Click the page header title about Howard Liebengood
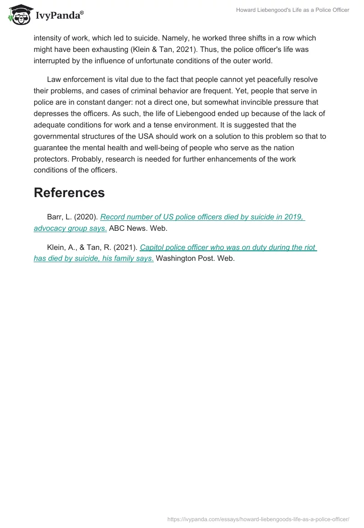point(292,10)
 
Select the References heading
point(69,193)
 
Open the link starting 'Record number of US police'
point(202,217)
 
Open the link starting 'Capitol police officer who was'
point(228,248)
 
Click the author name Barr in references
point(55,217)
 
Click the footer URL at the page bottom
point(258,519)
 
